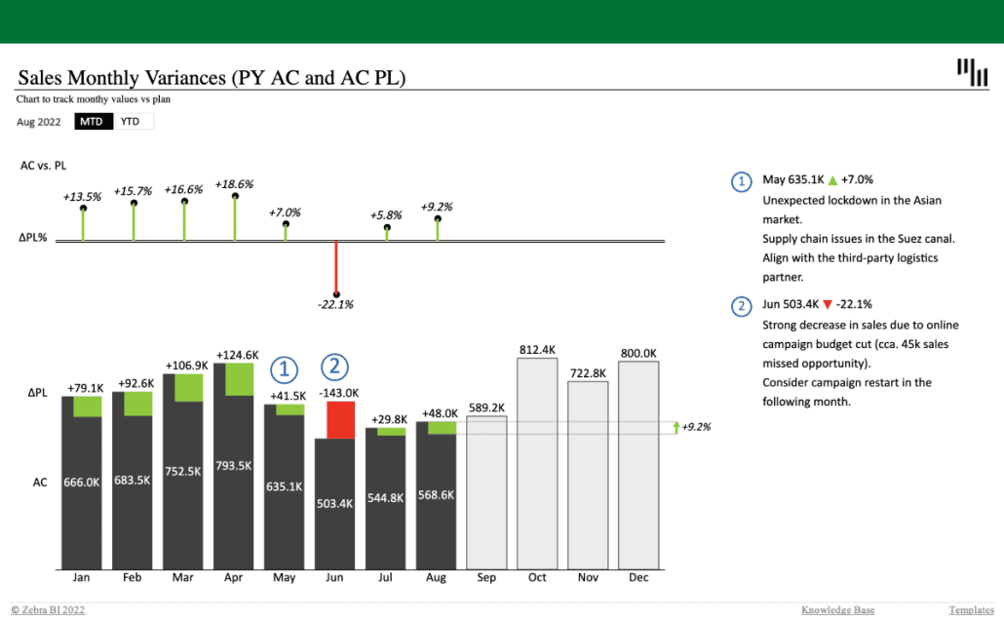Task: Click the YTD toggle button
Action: click(x=131, y=122)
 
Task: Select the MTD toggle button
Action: click(x=92, y=122)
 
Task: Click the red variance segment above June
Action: click(x=340, y=420)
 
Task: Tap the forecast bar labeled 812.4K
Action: click(x=538, y=463)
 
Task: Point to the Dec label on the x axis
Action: click(x=639, y=577)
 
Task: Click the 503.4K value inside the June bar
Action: click(x=335, y=503)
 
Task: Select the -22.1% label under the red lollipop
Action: click(x=335, y=304)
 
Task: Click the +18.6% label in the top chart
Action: click(x=234, y=184)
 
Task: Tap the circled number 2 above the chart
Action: click(x=334, y=367)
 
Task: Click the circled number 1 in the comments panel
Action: click(x=742, y=180)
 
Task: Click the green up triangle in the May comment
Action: click(x=832, y=180)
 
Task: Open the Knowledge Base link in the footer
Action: click(x=837, y=610)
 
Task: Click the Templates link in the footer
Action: click(x=971, y=610)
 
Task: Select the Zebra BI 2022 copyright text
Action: click(x=48, y=610)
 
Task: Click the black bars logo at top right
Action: click(x=972, y=71)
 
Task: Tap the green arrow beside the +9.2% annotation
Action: click(x=675, y=427)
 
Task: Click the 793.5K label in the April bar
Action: click(x=234, y=465)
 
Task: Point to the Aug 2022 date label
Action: click(x=38, y=122)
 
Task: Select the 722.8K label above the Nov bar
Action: click(x=588, y=372)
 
